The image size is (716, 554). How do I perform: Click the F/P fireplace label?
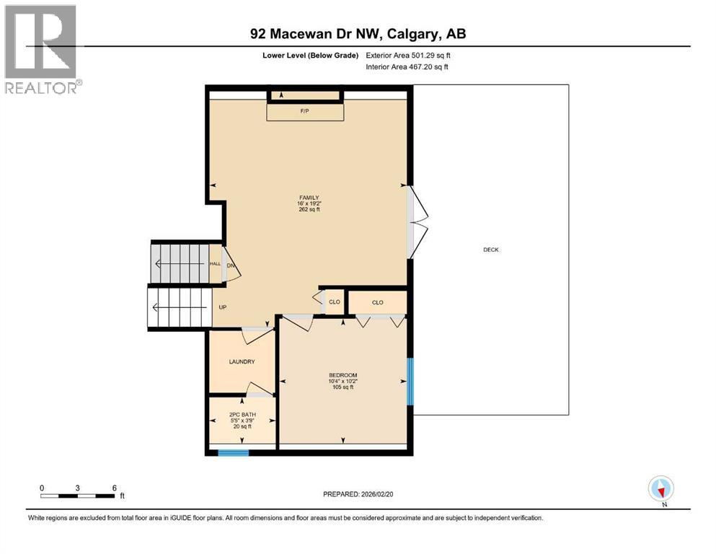(x=305, y=112)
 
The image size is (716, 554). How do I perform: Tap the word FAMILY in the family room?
(x=309, y=198)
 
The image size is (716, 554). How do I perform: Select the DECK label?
(x=491, y=250)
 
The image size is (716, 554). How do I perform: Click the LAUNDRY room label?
(x=242, y=362)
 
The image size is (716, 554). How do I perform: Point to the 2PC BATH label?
(x=242, y=414)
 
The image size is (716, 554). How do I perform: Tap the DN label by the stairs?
(x=231, y=265)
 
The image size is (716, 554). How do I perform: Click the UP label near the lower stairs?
(x=223, y=307)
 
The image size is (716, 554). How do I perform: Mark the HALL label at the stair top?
(x=215, y=264)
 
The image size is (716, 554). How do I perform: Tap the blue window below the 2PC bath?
(x=234, y=453)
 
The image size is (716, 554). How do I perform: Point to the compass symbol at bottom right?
(x=660, y=488)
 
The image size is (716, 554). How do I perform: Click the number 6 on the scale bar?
(x=114, y=488)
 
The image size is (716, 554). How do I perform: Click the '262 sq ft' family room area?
(x=309, y=211)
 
